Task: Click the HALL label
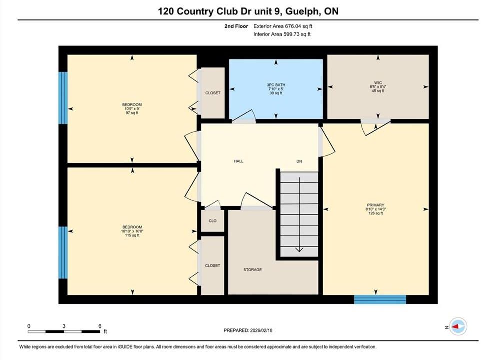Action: (239, 161)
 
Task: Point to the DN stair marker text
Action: (299, 161)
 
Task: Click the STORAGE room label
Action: (252, 270)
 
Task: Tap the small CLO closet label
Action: (213, 221)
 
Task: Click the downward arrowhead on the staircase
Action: (299, 250)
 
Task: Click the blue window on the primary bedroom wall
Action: (380, 299)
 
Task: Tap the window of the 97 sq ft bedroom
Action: (63, 98)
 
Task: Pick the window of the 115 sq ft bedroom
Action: (63, 252)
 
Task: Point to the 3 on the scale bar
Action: (64, 326)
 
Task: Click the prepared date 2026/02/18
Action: (261, 330)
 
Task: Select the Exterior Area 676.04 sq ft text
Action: (283, 26)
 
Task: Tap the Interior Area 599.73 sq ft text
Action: (282, 34)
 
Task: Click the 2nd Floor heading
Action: (236, 26)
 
